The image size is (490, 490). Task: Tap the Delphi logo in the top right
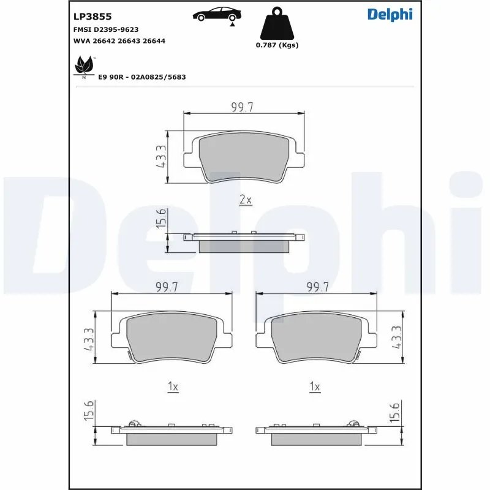click(390, 15)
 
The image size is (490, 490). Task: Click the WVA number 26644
click(154, 40)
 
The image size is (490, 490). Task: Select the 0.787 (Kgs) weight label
click(277, 45)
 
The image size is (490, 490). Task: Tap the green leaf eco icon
click(82, 64)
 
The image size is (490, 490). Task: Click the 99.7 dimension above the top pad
click(243, 107)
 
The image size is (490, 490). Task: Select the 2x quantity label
click(245, 200)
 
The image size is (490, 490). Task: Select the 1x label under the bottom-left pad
click(173, 386)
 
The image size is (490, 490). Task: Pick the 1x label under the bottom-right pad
click(315, 386)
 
